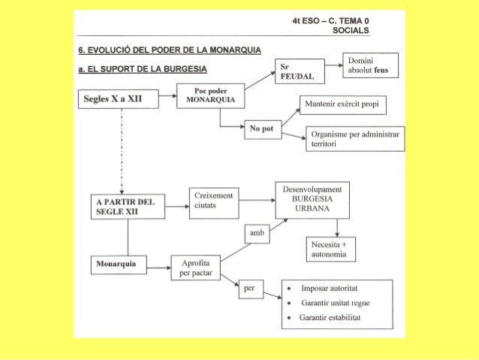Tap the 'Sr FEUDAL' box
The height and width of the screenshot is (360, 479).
click(x=297, y=71)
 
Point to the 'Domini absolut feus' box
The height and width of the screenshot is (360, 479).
click(x=370, y=66)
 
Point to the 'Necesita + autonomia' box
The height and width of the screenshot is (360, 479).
click(x=332, y=250)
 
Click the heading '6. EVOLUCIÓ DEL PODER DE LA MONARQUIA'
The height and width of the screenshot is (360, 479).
click(x=170, y=50)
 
